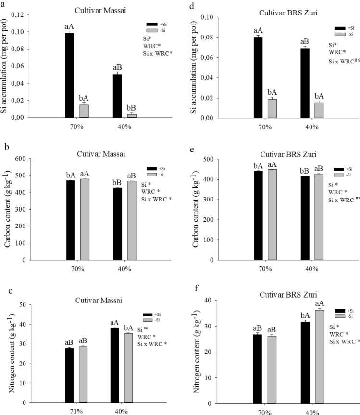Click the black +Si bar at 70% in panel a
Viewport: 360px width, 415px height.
pyautogui.click(x=70, y=75)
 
